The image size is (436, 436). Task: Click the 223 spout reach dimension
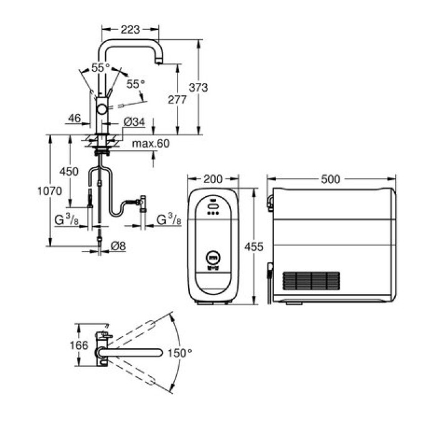tap(130, 29)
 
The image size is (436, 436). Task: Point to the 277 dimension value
tap(178, 99)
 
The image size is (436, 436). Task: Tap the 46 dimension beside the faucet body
tap(75, 118)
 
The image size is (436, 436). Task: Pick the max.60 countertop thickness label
tap(150, 144)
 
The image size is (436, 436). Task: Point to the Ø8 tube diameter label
tap(118, 246)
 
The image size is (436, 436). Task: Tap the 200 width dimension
tap(213, 179)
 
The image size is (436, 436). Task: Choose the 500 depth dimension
tap(331, 179)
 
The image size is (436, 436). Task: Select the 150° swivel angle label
tap(181, 353)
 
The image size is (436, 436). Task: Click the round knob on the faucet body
tap(102, 110)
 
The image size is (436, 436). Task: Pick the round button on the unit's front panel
tap(213, 256)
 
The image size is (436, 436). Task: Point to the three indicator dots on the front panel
tap(213, 213)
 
